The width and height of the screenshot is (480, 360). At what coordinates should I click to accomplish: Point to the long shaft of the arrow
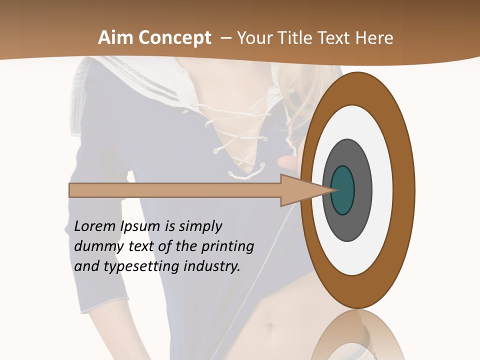pos(175,190)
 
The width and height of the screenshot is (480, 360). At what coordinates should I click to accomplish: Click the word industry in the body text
pos(212,266)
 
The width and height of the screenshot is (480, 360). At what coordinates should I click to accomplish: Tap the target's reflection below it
pos(357,335)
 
